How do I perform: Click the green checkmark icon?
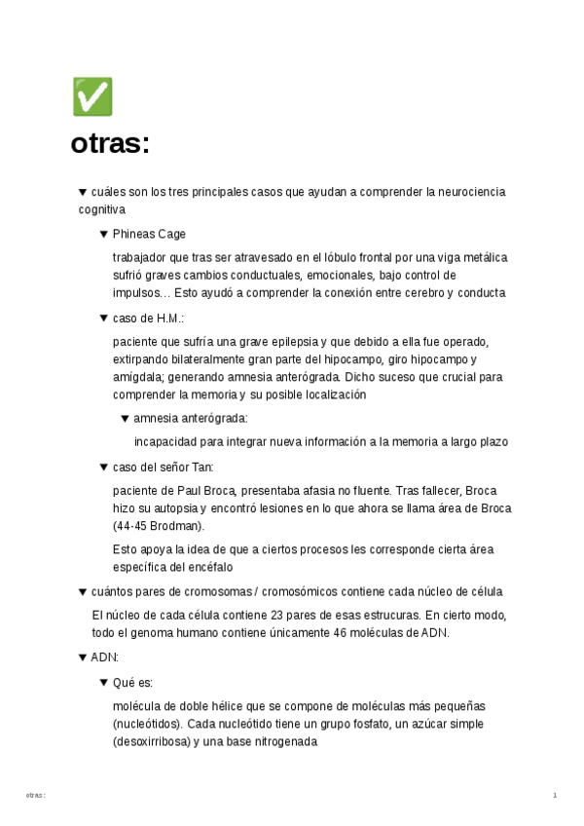(x=92, y=97)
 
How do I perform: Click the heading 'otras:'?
(x=110, y=144)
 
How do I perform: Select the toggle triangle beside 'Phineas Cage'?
(x=104, y=234)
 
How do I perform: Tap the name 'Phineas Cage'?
(x=149, y=234)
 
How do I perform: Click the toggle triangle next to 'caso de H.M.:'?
(x=104, y=318)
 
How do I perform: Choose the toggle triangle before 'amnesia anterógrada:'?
(x=125, y=418)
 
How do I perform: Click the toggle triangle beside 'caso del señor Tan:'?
(x=104, y=467)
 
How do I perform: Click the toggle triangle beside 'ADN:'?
(x=83, y=657)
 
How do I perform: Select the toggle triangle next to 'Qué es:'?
(x=104, y=683)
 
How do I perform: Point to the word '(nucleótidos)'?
(x=146, y=725)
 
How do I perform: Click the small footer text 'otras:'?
(x=36, y=796)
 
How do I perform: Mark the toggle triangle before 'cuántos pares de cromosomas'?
(x=83, y=591)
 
